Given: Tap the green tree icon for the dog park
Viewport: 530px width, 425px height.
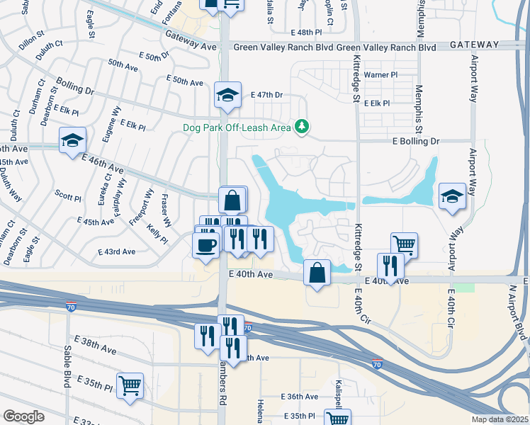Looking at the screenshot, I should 303,127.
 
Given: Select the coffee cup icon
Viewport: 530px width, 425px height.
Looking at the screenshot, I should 205,245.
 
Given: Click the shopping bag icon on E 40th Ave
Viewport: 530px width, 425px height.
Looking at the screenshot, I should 317,271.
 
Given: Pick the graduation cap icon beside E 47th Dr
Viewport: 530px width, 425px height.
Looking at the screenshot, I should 226,95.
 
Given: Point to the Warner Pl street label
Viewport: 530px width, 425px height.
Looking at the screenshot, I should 380,74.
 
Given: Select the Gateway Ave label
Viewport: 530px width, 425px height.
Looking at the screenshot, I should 191,41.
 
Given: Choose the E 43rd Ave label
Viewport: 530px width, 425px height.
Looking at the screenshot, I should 118,251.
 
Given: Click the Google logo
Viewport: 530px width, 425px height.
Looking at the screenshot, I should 23,416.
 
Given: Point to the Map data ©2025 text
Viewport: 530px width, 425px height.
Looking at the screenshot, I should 500,419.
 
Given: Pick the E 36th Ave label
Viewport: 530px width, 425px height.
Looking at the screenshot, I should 299,397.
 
